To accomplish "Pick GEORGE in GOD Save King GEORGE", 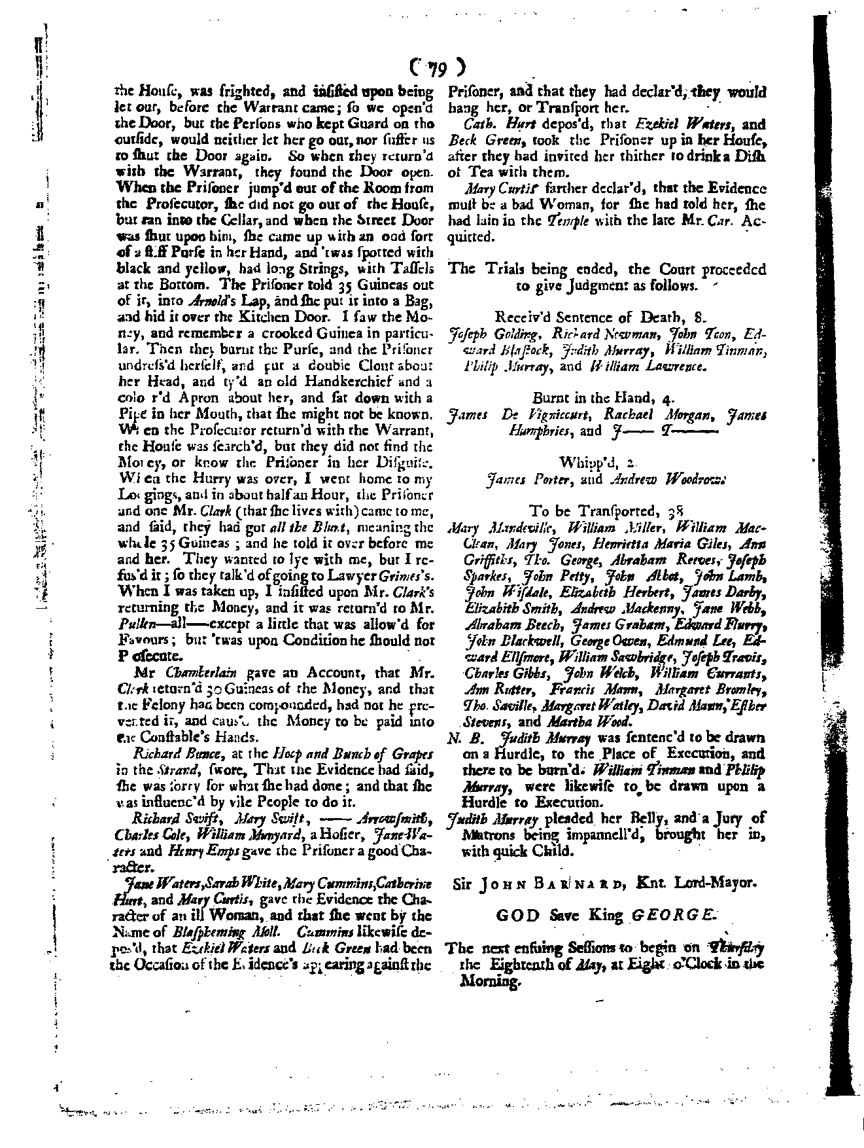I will tap(672, 915).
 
